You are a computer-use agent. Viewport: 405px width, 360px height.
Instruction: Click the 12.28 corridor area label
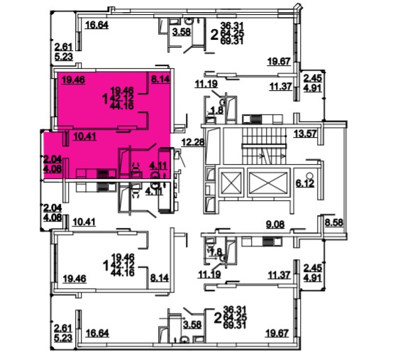click(193, 142)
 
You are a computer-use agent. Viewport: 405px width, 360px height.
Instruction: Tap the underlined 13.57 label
click(305, 133)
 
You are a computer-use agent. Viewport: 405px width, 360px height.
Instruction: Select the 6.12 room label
click(305, 183)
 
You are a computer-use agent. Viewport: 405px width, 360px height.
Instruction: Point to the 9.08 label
click(275, 224)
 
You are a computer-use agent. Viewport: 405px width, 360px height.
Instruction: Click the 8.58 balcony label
click(334, 222)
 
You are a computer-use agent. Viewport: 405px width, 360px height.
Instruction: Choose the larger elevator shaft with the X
click(269, 182)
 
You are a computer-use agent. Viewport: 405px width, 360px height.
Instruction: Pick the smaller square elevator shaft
click(231, 182)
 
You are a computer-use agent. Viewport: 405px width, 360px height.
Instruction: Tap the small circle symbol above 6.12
click(310, 175)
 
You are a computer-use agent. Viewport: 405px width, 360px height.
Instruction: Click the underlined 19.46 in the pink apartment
click(73, 80)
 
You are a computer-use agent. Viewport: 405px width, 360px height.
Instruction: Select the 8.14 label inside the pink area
click(160, 79)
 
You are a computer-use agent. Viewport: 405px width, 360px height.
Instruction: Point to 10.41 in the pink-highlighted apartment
click(84, 136)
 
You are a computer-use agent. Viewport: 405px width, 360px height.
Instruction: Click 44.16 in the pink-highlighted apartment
click(122, 106)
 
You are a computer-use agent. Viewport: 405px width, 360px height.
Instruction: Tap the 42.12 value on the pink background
click(122, 98)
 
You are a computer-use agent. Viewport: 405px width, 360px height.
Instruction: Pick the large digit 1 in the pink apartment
click(105, 99)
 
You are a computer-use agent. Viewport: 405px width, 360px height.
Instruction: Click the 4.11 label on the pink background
click(159, 165)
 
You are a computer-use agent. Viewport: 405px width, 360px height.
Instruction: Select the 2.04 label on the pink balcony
click(52, 159)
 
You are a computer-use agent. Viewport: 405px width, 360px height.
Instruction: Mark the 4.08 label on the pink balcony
click(52, 168)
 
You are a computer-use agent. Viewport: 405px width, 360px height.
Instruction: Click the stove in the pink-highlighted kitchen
click(103, 173)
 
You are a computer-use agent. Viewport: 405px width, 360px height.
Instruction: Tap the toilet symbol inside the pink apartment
click(136, 170)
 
